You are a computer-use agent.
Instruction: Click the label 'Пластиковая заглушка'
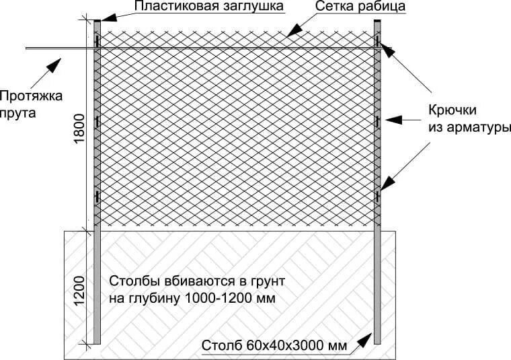199,7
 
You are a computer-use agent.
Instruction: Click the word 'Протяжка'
32,96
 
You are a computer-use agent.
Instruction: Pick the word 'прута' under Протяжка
19,112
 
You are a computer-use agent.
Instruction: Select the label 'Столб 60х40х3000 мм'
274,347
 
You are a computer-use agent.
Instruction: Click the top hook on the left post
98,42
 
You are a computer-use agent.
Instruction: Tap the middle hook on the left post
98,122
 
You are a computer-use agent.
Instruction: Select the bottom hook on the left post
98,196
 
